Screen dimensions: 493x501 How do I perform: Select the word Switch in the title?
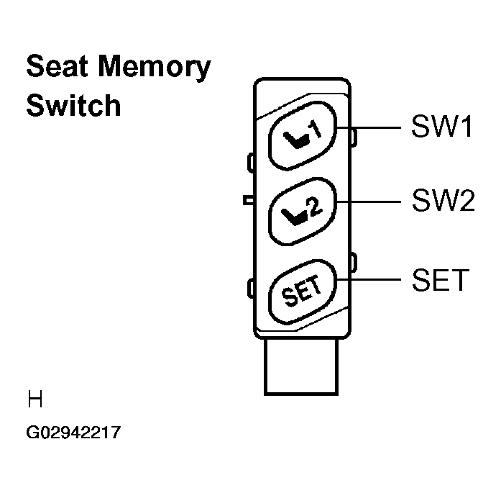[73, 105]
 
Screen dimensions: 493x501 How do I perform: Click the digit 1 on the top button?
[316, 130]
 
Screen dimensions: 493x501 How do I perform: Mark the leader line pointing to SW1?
[378, 127]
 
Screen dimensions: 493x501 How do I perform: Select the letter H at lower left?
[34, 398]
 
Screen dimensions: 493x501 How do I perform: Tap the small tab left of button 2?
[248, 199]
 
